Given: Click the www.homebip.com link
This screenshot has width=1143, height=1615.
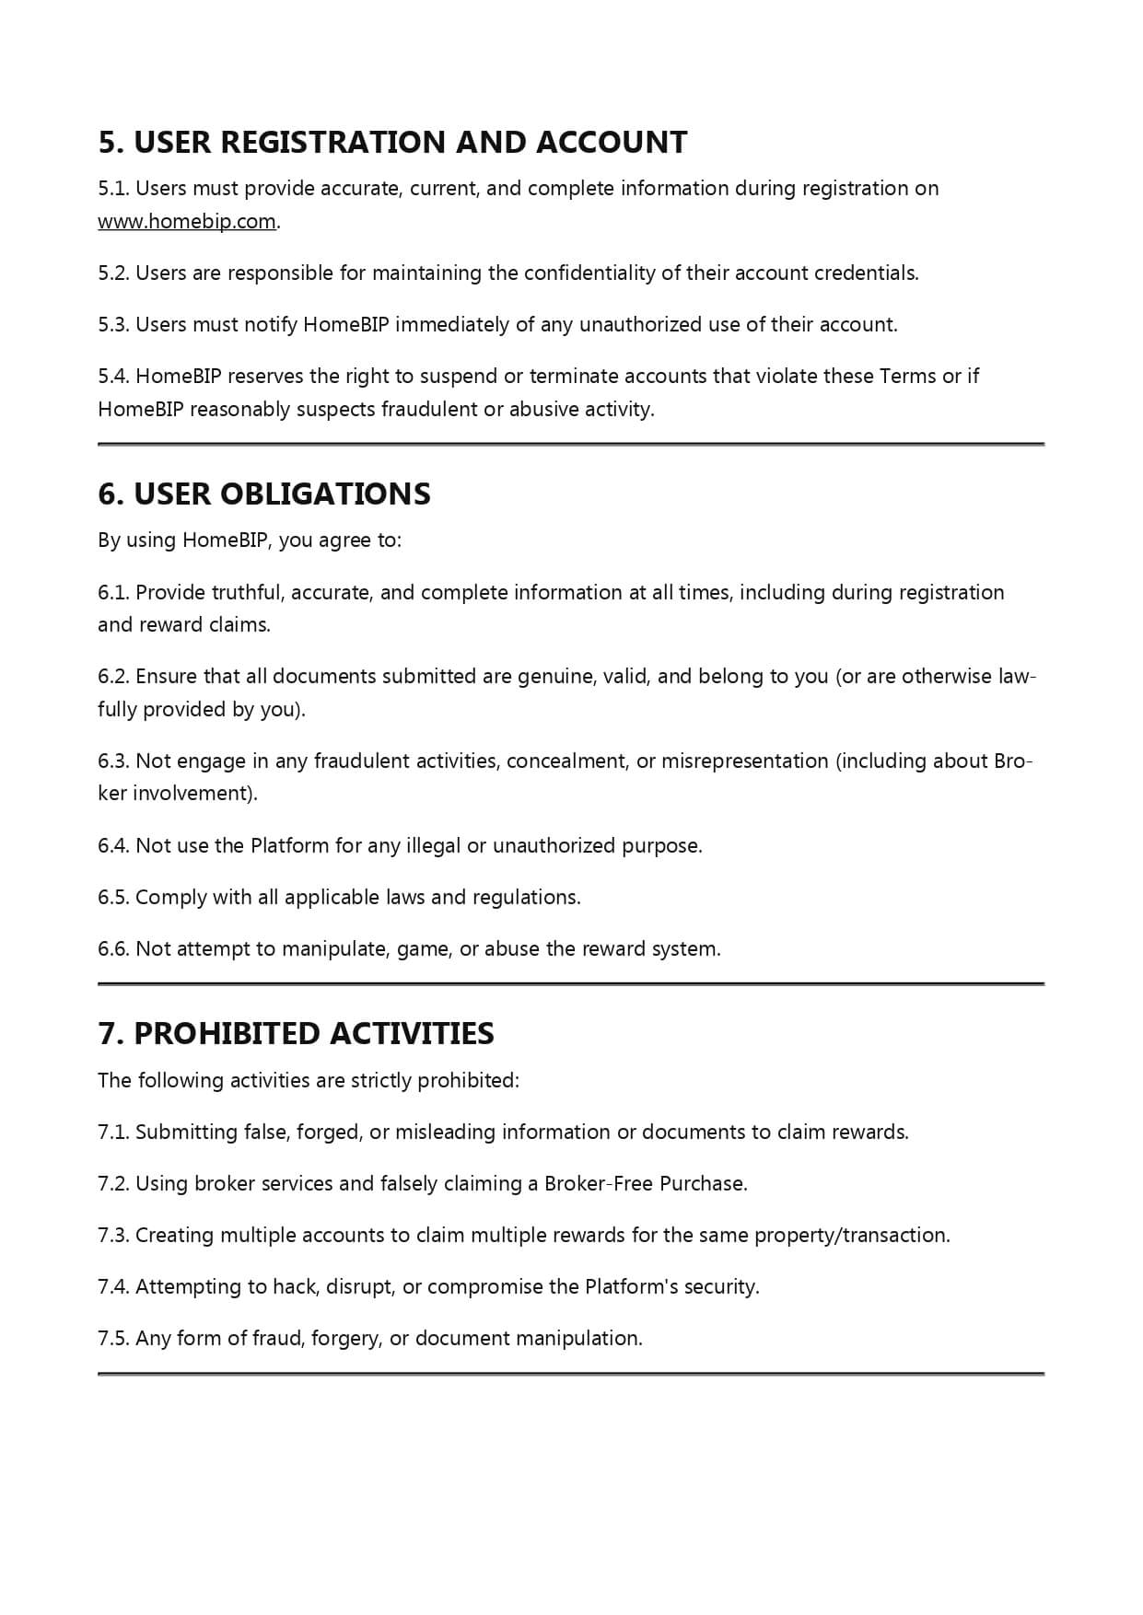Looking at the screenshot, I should click(x=187, y=222).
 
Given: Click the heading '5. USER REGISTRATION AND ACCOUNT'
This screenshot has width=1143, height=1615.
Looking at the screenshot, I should click(x=392, y=143).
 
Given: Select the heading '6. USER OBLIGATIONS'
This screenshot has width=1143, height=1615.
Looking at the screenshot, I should click(x=264, y=494).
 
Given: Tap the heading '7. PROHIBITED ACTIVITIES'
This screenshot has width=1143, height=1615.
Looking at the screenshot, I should click(x=296, y=1034).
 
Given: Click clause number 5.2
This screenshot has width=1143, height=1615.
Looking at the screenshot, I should click(x=113, y=273).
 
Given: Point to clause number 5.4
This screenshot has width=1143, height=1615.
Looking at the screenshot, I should click(x=113, y=377).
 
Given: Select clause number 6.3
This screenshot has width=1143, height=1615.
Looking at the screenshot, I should click(x=113, y=761).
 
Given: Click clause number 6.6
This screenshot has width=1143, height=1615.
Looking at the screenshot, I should click(x=113, y=949).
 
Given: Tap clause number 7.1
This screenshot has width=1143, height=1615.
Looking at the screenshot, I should click(x=113, y=1133).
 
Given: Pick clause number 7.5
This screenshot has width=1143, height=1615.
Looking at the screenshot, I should click(x=113, y=1339).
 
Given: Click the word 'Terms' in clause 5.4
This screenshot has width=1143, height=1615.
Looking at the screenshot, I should click(x=907, y=377).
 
